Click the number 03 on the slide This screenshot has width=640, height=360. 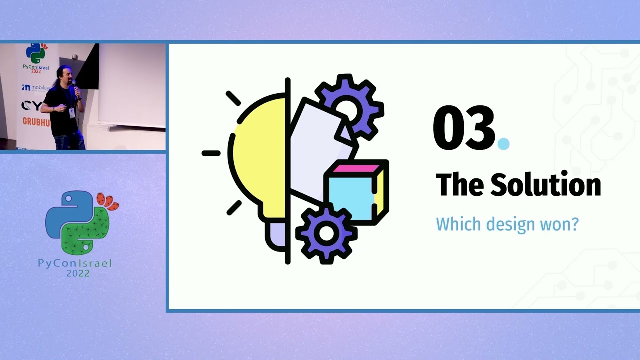(463, 128)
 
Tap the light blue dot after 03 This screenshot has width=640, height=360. (503, 144)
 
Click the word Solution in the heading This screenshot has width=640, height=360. (545, 185)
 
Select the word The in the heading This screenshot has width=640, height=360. (460, 185)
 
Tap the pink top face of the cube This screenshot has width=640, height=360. (356, 168)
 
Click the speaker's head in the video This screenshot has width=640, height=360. (65, 75)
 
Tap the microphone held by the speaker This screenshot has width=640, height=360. (74, 86)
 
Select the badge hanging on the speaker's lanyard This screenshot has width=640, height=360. (72, 113)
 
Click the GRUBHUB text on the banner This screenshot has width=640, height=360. (32, 121)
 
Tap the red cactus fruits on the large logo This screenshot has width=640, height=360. (108, 201)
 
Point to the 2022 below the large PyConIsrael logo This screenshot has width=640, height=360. (78, 273)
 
